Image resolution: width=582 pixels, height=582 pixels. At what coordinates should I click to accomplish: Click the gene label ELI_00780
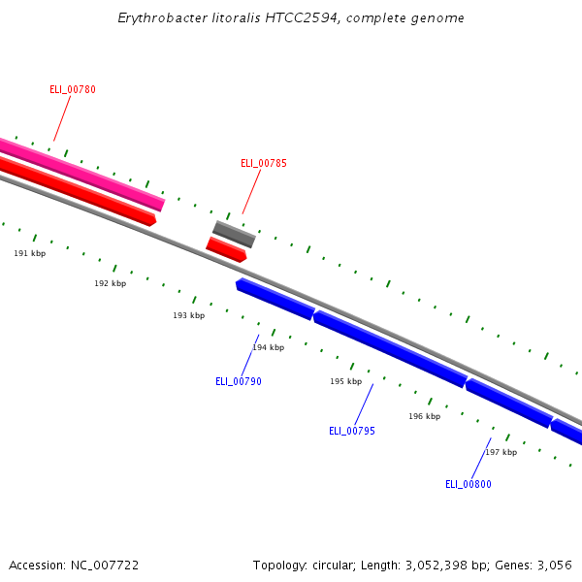73,90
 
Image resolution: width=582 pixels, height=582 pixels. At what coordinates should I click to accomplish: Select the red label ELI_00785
264,164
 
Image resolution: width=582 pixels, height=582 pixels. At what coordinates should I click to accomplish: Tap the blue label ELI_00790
239,382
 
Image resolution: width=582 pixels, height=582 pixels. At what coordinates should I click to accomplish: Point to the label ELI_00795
352,432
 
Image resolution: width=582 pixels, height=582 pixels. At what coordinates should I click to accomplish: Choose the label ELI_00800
469,485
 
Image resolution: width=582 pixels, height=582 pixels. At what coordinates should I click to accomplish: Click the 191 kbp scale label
29,253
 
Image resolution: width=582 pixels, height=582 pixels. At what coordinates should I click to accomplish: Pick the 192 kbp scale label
110,284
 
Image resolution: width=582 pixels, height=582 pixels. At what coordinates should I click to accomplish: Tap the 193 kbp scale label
189,316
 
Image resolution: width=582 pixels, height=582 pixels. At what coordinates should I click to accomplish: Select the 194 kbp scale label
269,347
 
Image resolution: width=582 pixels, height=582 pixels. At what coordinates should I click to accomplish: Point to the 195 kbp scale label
345,382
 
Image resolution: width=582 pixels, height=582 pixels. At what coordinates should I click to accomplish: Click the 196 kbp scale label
424,417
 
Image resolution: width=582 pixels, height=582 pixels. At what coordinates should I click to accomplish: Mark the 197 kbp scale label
501,453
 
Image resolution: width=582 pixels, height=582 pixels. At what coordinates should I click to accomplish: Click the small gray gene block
235,234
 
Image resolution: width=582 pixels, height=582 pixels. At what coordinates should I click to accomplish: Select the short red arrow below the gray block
226,249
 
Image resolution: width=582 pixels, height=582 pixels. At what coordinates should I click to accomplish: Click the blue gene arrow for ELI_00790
275,299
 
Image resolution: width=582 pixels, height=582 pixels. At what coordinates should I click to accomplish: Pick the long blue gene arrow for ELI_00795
390,349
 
